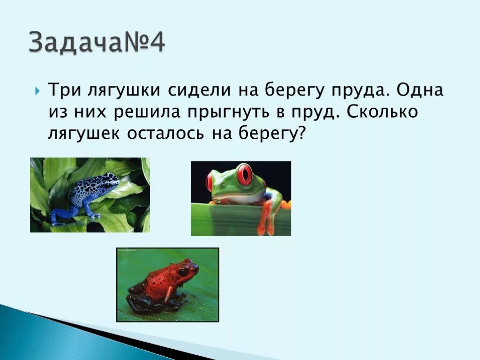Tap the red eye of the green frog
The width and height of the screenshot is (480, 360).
click(x=244, y=174)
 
